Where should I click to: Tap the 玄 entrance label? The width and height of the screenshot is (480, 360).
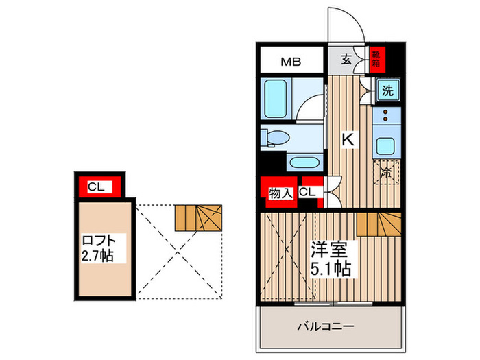click(346, 60)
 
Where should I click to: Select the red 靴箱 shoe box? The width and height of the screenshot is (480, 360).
click(376, 60)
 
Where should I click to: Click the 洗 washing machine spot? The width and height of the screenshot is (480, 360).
click(387, 91)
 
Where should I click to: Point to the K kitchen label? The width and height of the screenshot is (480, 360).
click(348, 139)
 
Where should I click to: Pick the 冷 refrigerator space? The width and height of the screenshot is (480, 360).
click(386, 172)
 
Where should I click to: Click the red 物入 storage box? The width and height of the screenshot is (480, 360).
click(277, 193)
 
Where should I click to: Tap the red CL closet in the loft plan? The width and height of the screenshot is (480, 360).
click(97, 187)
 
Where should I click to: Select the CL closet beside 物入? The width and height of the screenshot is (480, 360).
click(307, 193)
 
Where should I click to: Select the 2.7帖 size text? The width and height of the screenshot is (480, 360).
click(98, 256)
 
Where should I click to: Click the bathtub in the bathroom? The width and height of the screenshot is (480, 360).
click(276, 99)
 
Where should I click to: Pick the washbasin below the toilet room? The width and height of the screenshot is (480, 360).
click(302, 163)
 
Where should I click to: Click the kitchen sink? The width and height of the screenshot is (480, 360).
click(386, 145)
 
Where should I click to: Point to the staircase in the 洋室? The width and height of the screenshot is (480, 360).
click(379, 224)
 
